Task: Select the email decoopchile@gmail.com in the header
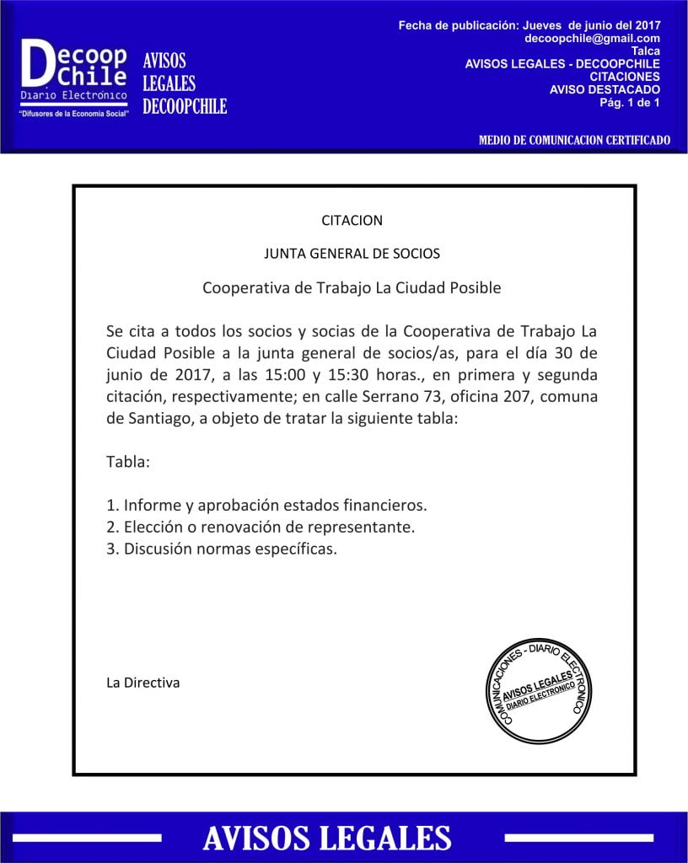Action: pyautogui.click(x=592, y=39)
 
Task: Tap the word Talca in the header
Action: pyautogui.click(x=645, y=51)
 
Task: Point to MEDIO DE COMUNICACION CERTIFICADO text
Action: pyautogui.click(x=574, y=140)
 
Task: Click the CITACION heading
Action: pyautogui.click(x=352, y=221)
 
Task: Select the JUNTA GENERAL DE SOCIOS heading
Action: pyautogui.click(x=352, y=253)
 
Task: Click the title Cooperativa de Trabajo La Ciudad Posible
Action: pyautogui.click(x=352, y=288)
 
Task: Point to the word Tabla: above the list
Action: pyautogui.click(x=128, y=463)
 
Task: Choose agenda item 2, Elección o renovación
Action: pyautogui.click(x=261, y=528)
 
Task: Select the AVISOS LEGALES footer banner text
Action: pyautogui.click(x=327, y=838)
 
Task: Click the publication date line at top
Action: pyautogui.click(x=529, y=26)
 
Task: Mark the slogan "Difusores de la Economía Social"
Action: pyautogui.click(x=74, y=113)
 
